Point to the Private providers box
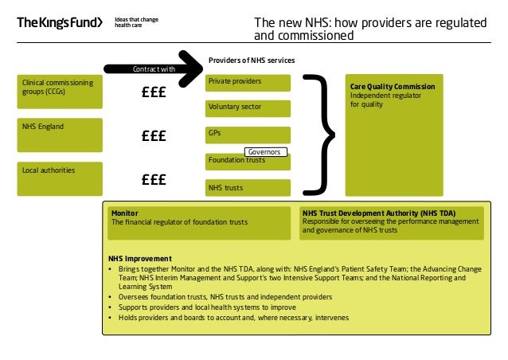click(248, 82)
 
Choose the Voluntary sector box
click(248, 108)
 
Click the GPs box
click(248, 134)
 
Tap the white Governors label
click(265, 151)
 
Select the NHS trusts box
click(248, 188)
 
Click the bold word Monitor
click(125, 213)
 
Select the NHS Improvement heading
click(140, 259)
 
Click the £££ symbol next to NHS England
click(152, 136)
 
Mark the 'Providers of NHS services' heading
click(251, 61)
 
